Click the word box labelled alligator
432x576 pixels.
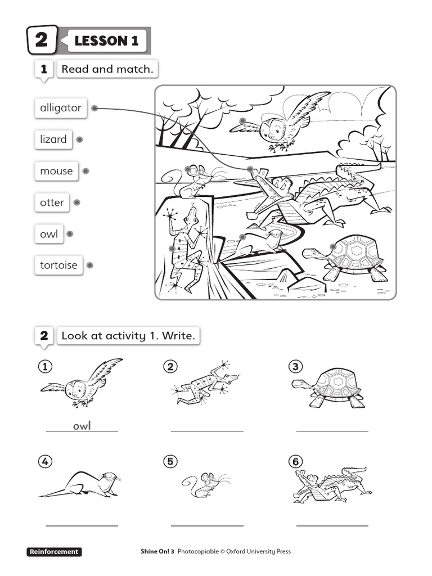60,108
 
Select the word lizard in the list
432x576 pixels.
53,139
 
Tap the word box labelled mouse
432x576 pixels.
56,171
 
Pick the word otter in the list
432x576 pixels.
52,202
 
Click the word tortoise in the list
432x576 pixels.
58,265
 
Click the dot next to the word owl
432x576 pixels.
70,234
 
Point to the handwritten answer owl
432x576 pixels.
82,426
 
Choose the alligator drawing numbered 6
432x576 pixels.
332,484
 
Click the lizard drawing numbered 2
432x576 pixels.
205,384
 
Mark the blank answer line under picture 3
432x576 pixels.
332,430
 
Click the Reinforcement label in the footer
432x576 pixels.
54,552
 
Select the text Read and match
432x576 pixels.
107,69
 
